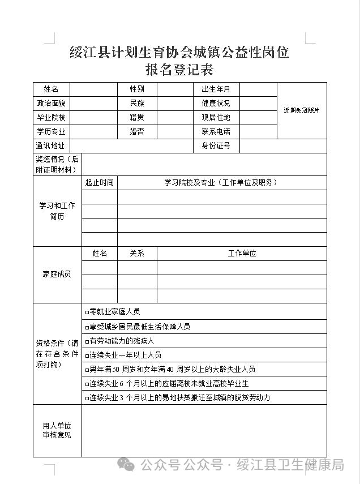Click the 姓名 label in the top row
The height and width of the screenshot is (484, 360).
point(51,89)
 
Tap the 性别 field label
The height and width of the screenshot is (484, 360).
point(136,89)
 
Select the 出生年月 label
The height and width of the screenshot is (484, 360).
point(216,89)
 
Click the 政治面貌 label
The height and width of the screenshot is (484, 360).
point(51,104)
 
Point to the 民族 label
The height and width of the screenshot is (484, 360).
point(136,104)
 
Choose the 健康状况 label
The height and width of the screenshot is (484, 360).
point(216,104)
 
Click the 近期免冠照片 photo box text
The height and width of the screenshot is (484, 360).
point(302,110)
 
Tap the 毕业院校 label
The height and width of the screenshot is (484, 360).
point(51,118)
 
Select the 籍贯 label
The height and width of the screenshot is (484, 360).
point(136,118)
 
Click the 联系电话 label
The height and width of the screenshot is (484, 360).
point(216,132)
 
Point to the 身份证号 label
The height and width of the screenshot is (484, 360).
point(216,146)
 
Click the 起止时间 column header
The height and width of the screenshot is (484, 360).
point(99,183)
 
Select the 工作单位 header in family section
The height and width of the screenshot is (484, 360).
point(242,254)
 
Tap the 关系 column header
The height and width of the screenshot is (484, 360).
point(137,254)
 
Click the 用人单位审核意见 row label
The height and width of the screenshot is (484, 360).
point(57,431)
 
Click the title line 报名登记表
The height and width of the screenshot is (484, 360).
point(179,70)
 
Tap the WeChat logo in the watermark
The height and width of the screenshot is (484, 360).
point(127,465)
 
